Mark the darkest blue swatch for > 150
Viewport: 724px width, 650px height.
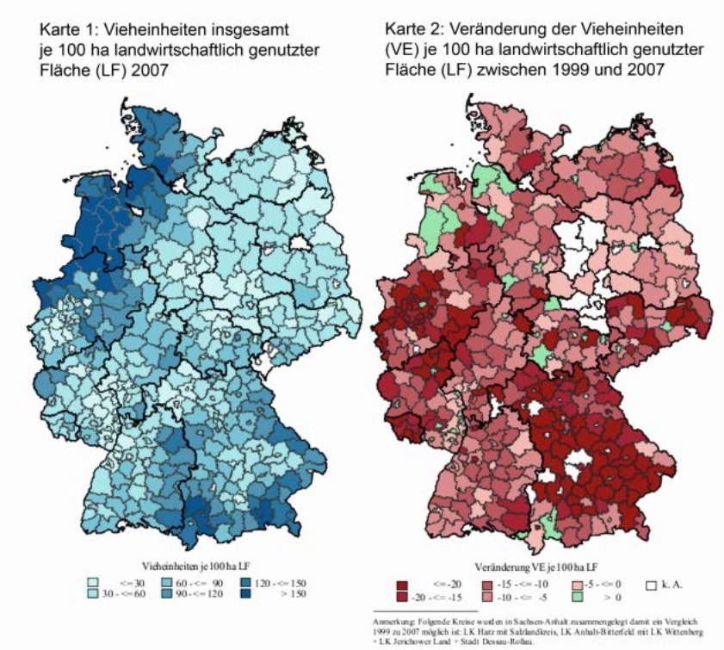[246, 593]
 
